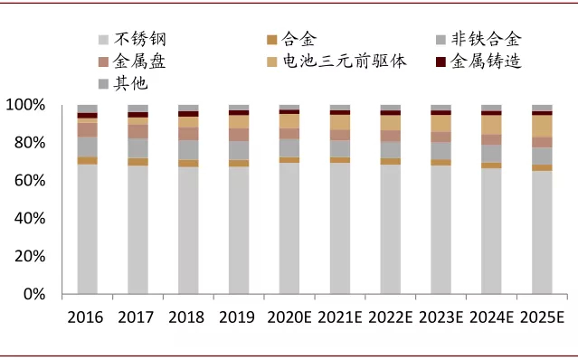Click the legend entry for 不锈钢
(141, 39)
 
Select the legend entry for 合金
(299, 39)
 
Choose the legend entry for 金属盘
(141, 62)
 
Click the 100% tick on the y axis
(25, 105)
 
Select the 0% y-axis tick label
(33, 294)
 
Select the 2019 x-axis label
(239, 317)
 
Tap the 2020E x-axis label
(289, 317)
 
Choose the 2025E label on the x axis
(542, 317)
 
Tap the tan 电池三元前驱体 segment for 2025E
(542, 127)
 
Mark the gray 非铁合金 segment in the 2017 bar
(137, 147)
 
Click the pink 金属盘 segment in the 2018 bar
(188, 133)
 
